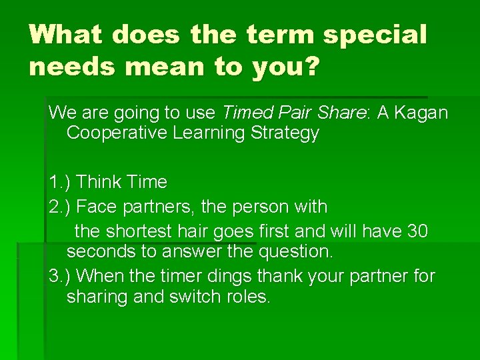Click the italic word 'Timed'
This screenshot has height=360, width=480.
(x=246, y=113)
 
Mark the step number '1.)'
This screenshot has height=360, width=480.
(x=61, y=181)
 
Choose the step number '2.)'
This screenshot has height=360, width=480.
(x=61, y=207)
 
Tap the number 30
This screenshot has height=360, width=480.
(x=417, y=231)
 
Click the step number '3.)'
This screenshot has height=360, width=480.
(x=61, y=276)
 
